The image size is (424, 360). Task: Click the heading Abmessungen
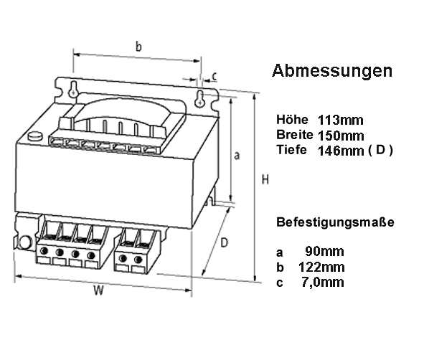click(x=332, y=71)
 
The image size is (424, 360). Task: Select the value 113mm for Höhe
click(x=341, y=120)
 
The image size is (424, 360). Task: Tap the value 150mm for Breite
click(x=341, y=136)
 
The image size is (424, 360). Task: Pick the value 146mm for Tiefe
click(x=341, y=151)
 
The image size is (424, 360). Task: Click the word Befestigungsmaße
click(x=335, y=222)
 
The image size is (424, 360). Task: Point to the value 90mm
click(x=324, y=251)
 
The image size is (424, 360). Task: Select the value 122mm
click(x=321, y=267)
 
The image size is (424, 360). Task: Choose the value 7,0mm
click(x=323, y=282)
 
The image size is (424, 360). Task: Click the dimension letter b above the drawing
click(x=138, y=47)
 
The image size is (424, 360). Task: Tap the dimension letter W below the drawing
click(x=99, y=290)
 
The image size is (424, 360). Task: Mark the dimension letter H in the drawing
click(x=265, y=179)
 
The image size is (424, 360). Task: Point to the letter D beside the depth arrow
click(x=225, y=242)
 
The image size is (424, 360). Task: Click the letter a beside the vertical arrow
click(x=237, y=156)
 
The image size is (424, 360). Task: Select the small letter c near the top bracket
click(x=215, y=76)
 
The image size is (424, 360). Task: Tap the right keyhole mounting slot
click(x=199, y=99)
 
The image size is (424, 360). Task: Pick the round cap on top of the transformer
click(x=35, y=136)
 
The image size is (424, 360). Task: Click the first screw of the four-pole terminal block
click(x=44, y=251)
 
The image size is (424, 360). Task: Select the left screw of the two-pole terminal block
click(x=123, y=258)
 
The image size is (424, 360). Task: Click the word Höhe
click(x=292, y=120)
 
